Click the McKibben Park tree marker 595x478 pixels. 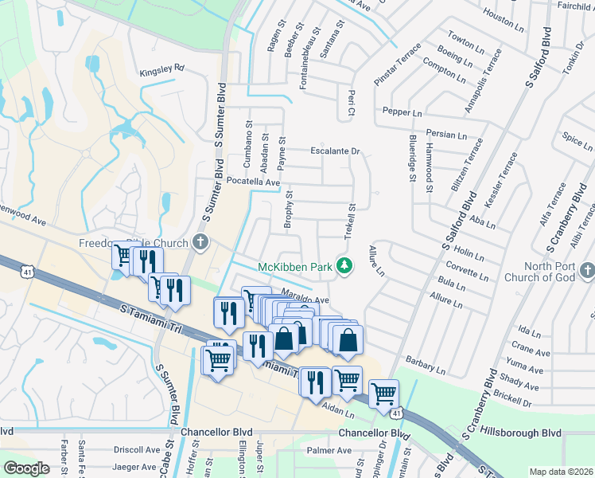point(344,266)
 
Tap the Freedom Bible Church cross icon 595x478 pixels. point(200,243)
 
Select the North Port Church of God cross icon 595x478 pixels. point(586,272)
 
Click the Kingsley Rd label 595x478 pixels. point(161,69)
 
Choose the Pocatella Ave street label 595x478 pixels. point(254,182)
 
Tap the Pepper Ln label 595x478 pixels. point(402,112)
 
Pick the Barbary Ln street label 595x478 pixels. point(426,364)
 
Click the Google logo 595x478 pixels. point(26,468)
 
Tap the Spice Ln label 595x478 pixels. point(578,141)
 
